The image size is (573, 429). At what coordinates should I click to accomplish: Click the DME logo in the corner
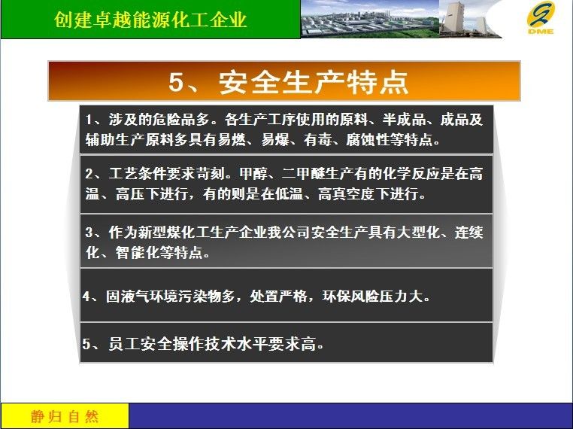click(541, 17)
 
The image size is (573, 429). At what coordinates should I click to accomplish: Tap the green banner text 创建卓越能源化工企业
click(150, 20)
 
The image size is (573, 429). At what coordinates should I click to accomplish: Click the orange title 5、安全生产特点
click(288, 81)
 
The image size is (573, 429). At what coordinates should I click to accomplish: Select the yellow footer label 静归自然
click(65, 416)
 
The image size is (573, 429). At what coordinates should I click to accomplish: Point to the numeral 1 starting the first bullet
click(89, 120)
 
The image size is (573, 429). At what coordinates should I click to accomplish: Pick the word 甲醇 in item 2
click(253, 174)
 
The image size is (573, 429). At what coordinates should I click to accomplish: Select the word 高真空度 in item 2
click(347, 194)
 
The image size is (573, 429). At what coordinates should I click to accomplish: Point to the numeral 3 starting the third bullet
click(89, 233)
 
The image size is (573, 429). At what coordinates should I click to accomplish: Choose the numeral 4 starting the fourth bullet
click(86, 296)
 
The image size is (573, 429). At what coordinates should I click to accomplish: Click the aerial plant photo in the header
click(370, 19)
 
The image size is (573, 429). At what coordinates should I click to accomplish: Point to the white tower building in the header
click(453, 19)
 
